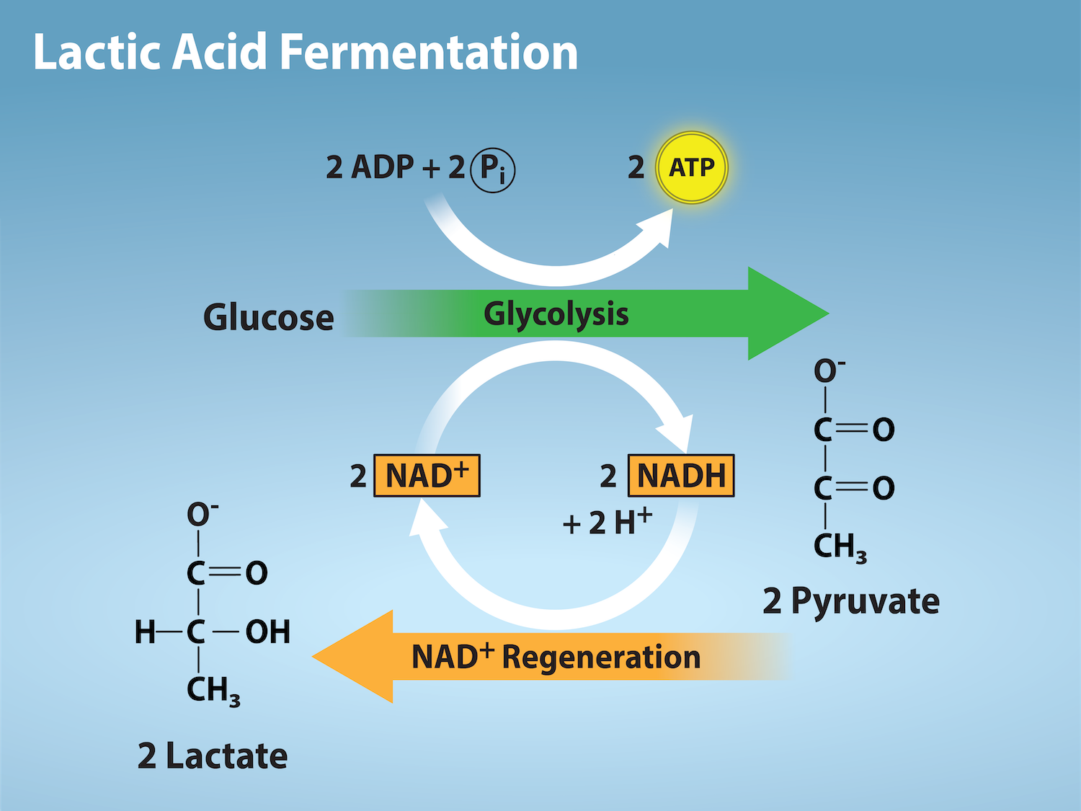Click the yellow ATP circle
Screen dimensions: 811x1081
[x=692, y=168]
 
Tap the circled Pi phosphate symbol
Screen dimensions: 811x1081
[x=493, y=170]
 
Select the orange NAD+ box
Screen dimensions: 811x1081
[x=427, y=476]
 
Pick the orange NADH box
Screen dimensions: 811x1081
[x=681, y=476]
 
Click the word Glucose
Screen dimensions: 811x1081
[x=269, y=317]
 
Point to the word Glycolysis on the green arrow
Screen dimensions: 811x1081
[x=556, y=314]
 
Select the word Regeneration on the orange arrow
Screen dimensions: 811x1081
[x=601, y=657]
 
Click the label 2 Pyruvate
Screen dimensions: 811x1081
[x=851, y=601]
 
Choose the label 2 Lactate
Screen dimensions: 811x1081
[x=213, y=756]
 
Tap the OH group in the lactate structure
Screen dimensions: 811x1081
[x=268, y=632]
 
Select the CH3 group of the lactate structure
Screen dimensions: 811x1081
[x=213, y=691]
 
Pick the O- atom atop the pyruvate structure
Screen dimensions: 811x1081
[x=828, y=371]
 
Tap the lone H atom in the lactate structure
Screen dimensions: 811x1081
[x=145, y=632]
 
